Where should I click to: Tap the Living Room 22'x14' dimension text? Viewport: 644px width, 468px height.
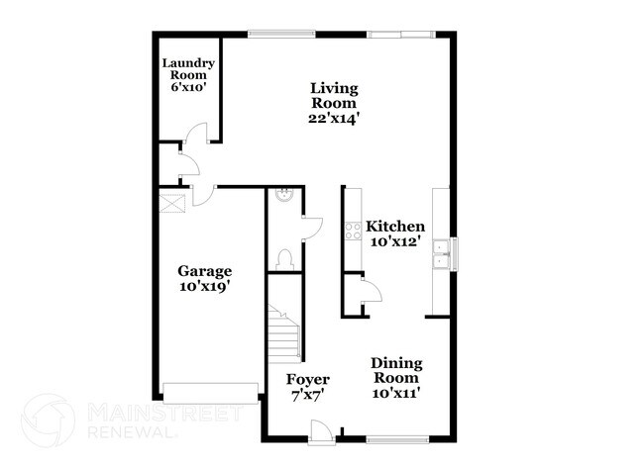pyautogui.click(x=332, y=117)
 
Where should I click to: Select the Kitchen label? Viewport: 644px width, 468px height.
pyautogui.click(x=395, y=226)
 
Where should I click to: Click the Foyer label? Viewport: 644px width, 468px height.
pyautogui.click(x=307, y=380)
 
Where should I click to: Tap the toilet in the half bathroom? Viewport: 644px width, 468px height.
pyautogui.click(x=284, y=258)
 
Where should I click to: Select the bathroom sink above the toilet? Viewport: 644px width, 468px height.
pyautogui.click(x=284, y=195)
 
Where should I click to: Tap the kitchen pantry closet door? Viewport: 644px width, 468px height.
pyautogui.click(x=369, y=291)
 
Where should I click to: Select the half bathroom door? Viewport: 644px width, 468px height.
pyautogui.click(x=311, y=227)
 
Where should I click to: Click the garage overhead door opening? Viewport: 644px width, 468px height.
pyautogui.click(x=209, y=393)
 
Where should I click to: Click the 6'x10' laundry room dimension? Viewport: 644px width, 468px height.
pyautogui.click(x=188, y=86)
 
